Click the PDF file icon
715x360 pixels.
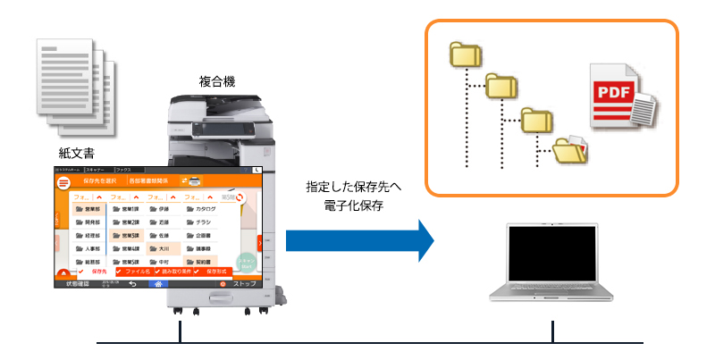[x=620, y=99]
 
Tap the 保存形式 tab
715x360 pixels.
[x=214, y=271]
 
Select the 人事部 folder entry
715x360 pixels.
[x=88, y=248]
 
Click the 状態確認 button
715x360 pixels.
[x=71, y=283]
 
